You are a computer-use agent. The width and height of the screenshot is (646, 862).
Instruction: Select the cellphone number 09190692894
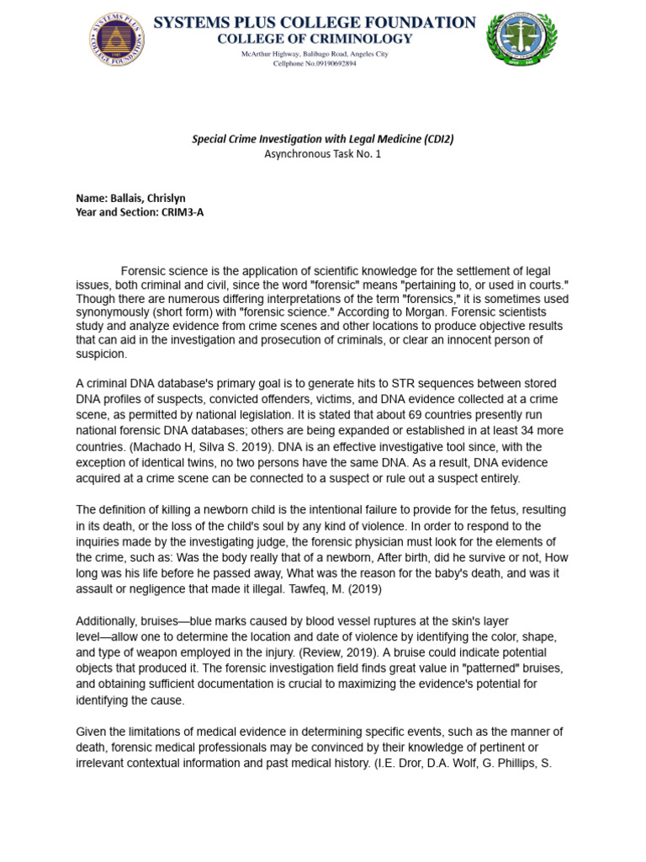point(327,63)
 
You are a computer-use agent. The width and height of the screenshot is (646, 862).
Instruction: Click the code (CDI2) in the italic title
point(438,139)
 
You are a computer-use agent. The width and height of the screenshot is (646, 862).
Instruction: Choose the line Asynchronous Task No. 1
point(323,154)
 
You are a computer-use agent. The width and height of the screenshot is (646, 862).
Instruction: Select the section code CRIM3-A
point(178,212)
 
